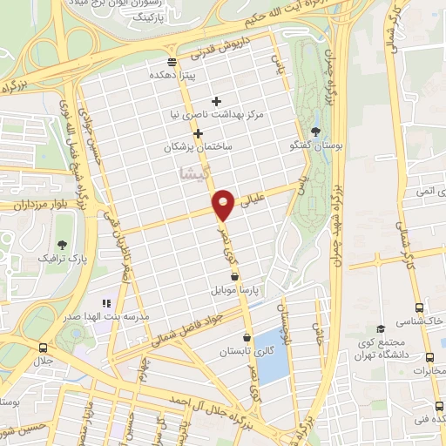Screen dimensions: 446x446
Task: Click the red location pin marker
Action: (x=225, y=204)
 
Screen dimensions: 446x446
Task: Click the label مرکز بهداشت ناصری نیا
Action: (x=225, y=114)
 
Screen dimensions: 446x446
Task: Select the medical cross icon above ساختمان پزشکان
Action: (x=199, y=133)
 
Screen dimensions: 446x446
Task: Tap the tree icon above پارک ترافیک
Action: (x=62, y=245)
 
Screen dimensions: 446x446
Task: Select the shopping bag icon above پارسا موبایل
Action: (x=234, y=274)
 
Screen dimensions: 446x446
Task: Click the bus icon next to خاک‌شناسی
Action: (x=420, y=308)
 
